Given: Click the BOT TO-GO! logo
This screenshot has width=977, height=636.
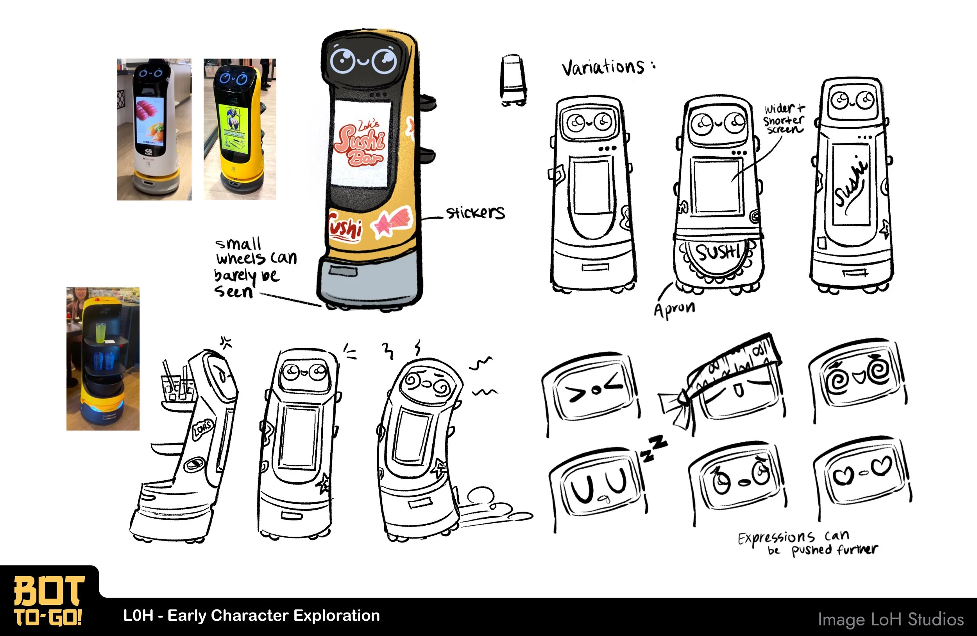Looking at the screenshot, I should pos(48,600).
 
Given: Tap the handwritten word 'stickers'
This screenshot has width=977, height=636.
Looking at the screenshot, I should pos(475,212).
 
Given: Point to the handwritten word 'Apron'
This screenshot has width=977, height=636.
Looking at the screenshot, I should pos(675,309).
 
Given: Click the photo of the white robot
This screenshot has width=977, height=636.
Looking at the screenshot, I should pos(154,129).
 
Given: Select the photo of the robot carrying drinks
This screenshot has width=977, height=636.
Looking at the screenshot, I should pos(103,359).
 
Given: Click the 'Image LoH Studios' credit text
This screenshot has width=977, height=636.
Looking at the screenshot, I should pos(890,619).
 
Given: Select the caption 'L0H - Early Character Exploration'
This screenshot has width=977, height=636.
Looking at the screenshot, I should pos(251,615).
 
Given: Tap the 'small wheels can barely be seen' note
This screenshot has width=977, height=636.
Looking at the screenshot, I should pos(254,268).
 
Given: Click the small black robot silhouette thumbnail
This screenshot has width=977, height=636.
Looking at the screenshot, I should pos(513,80).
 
